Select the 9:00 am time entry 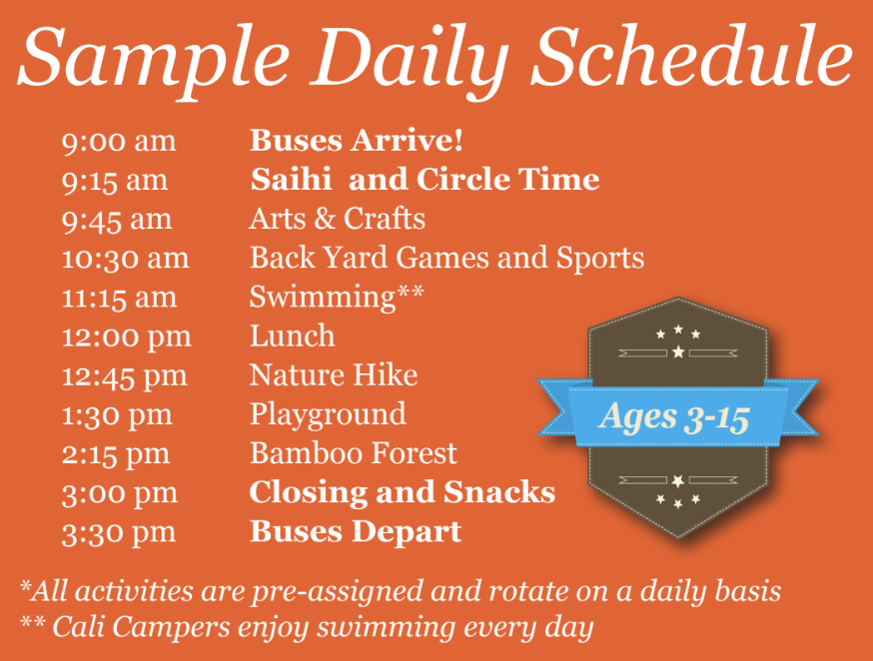tap(119, 142)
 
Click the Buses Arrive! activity tap(357, 140)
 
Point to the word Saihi tap(291, 179)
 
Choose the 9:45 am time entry tap(116, 220)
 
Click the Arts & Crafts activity tap(338, 219)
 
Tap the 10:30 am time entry tap(125, 259)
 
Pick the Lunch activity tap(293, 336)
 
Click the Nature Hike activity tap(334, 375)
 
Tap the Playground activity tap(328, 415)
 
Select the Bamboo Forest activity tap(354, 453)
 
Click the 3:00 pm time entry tap(119, 494)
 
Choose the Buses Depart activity tap(356, 532)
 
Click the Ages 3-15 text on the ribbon tap(674, 417)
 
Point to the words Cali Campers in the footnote tap(141, 628)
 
